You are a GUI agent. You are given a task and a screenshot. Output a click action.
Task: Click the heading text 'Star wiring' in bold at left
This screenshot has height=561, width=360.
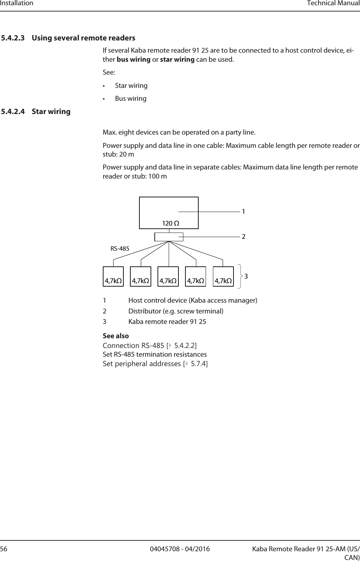tap(51, 112)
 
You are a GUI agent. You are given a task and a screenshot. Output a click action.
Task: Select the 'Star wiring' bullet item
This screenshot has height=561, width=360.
tap(131, 85)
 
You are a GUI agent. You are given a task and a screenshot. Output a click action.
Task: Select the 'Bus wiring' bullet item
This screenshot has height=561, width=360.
tap(131, 98)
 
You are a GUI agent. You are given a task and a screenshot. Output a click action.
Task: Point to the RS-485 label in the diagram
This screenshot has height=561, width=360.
tap(120, 249)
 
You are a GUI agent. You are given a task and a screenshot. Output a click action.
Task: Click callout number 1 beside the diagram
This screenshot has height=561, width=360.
tap(244, 212)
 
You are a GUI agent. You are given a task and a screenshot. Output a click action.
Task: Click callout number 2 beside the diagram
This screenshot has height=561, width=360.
tap(244, 236)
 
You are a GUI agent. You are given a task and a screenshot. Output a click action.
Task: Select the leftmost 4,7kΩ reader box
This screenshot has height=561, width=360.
tap(113, 277)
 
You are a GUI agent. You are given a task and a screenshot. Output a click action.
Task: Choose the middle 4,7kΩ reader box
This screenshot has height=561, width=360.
tap(168, 277)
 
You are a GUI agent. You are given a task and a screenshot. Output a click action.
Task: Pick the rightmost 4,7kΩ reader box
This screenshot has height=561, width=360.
tap(223, 277)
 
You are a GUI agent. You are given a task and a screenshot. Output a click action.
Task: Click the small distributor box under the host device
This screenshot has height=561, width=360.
tap(169, 237)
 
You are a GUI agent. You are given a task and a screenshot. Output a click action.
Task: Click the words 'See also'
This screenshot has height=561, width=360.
tap(116, 336)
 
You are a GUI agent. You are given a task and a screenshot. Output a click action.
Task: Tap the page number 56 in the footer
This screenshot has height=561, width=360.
tap(4, 549)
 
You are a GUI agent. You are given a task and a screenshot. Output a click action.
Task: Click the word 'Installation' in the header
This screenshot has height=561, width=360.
tap(17, 3)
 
